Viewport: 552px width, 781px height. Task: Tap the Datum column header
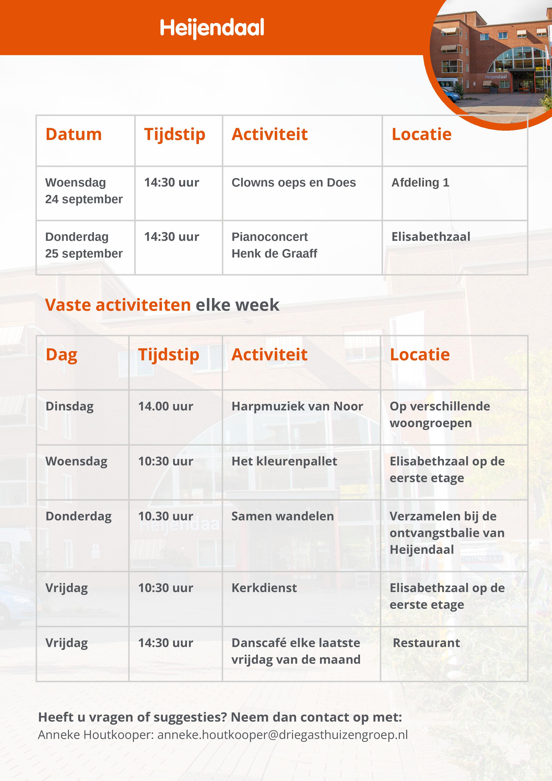point(73,134)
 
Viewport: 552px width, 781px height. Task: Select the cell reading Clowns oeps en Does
point(293,183)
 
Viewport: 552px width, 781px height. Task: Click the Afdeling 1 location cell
point(420,183)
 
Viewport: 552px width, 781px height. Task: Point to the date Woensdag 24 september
point(84,191)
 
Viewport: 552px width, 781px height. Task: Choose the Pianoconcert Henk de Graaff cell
point(274,245)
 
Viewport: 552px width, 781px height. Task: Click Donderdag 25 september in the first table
point(84,245)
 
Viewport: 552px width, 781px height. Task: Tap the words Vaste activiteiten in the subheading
point(118,305)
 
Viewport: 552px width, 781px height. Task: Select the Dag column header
point(62,354)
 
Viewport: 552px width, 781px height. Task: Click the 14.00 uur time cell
point(165,406)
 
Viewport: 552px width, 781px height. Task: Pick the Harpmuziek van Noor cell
point(297,406)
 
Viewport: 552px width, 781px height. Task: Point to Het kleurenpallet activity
point(284,461)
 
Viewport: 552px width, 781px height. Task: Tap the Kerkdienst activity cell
point(264,588)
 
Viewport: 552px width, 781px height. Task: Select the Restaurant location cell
point(426,643)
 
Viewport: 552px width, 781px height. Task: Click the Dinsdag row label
point(69,406)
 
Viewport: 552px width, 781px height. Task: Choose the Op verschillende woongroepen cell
point(439,414)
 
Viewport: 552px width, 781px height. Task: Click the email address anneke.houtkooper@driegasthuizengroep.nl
point(282,735)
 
